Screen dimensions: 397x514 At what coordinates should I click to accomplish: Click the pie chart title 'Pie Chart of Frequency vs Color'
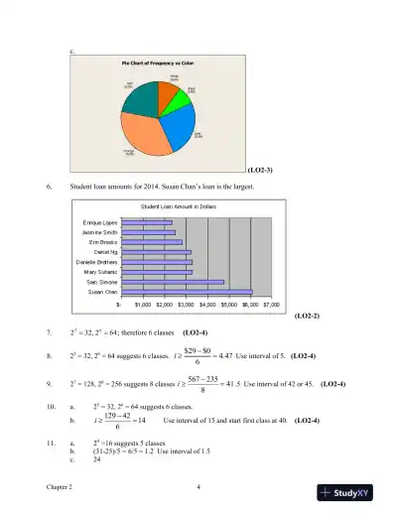pyautogui.click(x=157, y=64)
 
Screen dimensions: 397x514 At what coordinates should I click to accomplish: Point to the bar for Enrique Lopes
pyautogui.click(x=157, y=222)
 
